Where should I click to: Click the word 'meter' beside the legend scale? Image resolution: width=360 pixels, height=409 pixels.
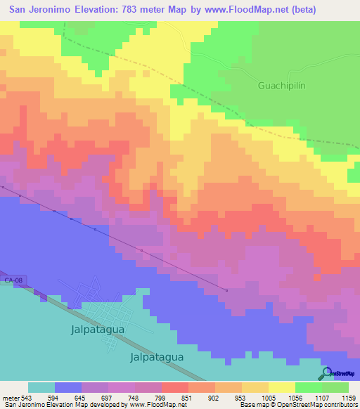pyautogui.click(x=12, y=397)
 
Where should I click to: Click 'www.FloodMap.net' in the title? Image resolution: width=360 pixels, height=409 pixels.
pyautogui.click(x=233, y=9)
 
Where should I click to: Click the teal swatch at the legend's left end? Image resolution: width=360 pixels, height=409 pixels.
pyautogui.click(x=41, y=387)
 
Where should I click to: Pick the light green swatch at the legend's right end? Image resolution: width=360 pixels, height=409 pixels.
pyautogui.click(x=335, y=387)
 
